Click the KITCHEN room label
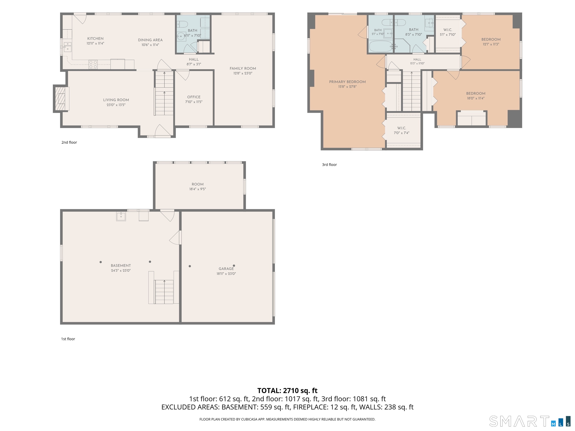[95, 39]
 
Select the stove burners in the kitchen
[93, 64]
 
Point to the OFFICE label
[194, 97]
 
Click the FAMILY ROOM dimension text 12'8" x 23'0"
[243, 73]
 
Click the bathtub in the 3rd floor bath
[380, 47]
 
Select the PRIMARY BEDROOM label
[347, 82]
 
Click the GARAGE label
[226, 269]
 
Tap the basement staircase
[164, 292]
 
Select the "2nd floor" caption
[69, 142]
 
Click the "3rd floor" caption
[329, 165]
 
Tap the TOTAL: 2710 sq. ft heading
[287, 390]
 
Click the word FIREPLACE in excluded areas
[310, 407]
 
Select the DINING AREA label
[150, 40]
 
